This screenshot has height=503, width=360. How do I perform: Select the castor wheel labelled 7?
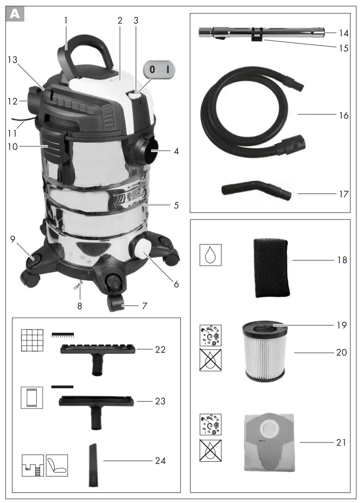pyautogui.click(x=118, y=303)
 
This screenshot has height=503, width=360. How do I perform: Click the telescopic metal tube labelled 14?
pyautogui.click(x=261, y=33)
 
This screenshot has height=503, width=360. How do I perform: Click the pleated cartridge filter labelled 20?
pyautogui.click(x=263, y=354)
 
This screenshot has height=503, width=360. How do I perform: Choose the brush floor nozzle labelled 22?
pyautogui.click(x=97, y=354)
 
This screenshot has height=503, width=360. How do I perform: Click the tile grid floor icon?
pyautogui.click(x=32, y=341)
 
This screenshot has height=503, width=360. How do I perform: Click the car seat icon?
pyautogui.click(x=56, y=465)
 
